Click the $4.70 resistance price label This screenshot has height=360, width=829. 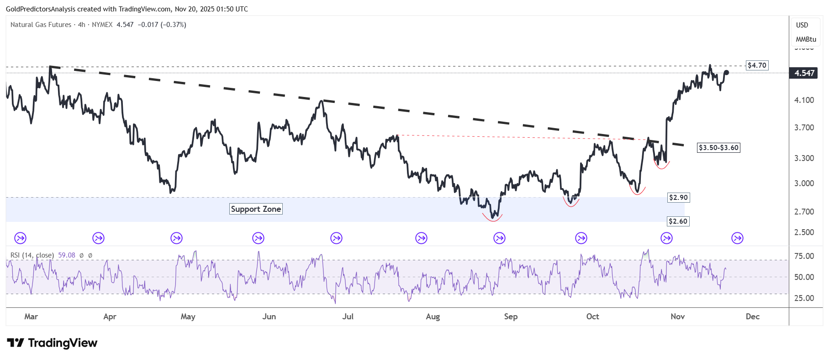tap(757, 65)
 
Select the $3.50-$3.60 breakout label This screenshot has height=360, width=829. tap(718, 148)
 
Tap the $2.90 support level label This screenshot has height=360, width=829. tap(678, 198)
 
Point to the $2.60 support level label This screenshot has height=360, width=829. tap(678, 221)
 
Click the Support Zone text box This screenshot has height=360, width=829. tap(256, 209)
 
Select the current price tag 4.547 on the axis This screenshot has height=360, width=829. tap(804, 73)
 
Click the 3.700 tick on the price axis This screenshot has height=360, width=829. tap(804, 128)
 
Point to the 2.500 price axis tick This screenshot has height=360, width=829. tap(804, 232)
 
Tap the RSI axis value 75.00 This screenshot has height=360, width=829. tap(804, 256)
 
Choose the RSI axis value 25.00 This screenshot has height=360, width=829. tap(804, 298)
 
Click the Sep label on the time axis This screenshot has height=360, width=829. tap(511, 317)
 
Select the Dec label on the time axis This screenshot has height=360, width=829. tap(752, 317)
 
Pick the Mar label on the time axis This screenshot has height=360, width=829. tap(31, 317)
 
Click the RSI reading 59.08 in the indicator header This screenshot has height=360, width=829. tap(67, 255)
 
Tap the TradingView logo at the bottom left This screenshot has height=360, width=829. tap(52, 343)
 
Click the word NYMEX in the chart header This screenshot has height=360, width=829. tap(102, 25)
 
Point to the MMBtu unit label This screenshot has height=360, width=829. tap(806, 39)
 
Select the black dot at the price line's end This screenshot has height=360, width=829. tap(727, 72)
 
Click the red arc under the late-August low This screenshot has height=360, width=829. tap(492, 219)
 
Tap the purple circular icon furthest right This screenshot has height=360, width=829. tap(737, 238)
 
